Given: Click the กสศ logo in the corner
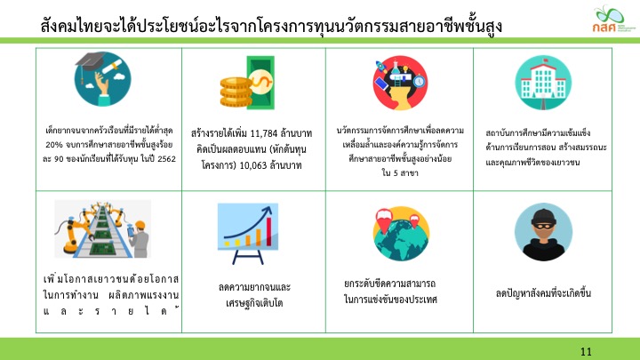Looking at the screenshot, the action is (613, 19).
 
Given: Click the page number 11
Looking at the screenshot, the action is (586, 351).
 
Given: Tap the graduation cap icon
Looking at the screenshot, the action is (103, 79).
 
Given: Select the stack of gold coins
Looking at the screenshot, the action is (236, 92).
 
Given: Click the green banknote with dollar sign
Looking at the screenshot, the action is (260, 83).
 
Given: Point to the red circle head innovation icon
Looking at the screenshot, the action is (400, 83).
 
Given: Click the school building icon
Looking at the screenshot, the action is (543, 83).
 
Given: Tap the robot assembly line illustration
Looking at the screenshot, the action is (103, 229).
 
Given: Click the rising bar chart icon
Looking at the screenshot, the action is (248, 233).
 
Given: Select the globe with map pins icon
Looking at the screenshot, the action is (401, 234).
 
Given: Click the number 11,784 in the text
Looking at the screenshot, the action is (264, 133).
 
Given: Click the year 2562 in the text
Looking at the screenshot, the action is (166, 159).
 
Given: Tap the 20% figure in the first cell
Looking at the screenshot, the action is (53, 145).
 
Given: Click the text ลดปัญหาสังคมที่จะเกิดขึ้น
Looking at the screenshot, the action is (543, 293).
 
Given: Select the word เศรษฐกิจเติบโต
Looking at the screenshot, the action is (254, 303).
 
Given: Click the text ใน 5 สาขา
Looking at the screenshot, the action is (400, 173).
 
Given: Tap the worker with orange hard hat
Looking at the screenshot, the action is (139, 239).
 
